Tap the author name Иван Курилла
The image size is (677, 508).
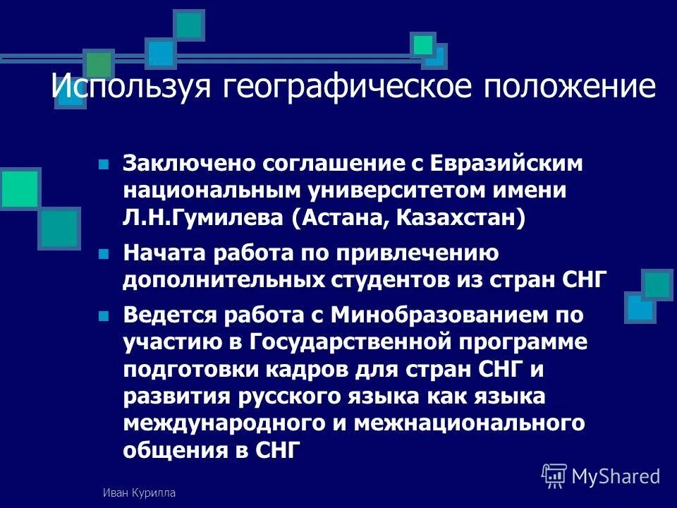point(138,493)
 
